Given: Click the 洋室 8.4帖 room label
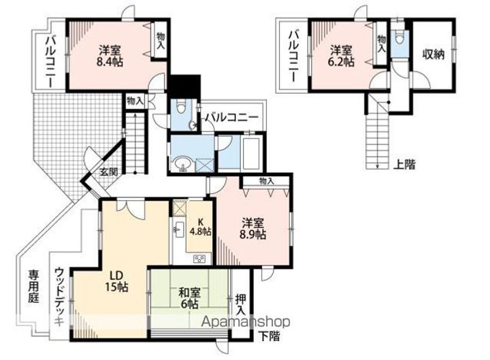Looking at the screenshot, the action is click(x=110, y=56).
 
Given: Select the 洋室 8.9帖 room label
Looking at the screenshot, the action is click(x=252, y=229).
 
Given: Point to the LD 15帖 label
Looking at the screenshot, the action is click(x=116, y=281).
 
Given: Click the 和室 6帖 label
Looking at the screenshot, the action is click(x=189, y=298).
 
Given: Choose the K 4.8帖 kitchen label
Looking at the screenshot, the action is click(x=201, y=227).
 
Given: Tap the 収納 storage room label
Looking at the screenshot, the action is click(x=434, y=54).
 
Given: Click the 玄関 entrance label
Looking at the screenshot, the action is click(x=109, y=171).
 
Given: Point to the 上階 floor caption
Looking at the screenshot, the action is click(x=405, y=165).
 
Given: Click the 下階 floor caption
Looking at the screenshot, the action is click(x=269, y=336).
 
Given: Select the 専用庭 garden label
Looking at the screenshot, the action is click(x=34, y=287).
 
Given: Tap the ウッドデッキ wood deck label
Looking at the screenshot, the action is click(x=59, y=297).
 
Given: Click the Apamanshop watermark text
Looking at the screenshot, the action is click(x=246, y=321).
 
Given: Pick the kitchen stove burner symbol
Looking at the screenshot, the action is click(x=199, y=259).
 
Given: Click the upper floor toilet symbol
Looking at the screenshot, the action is click(x=399, y=38).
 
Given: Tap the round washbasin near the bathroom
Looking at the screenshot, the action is click(x=180, y=163).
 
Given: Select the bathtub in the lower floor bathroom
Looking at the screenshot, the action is click(x=252, y=153).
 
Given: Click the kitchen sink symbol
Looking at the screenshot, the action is click(x=180, y=230).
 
